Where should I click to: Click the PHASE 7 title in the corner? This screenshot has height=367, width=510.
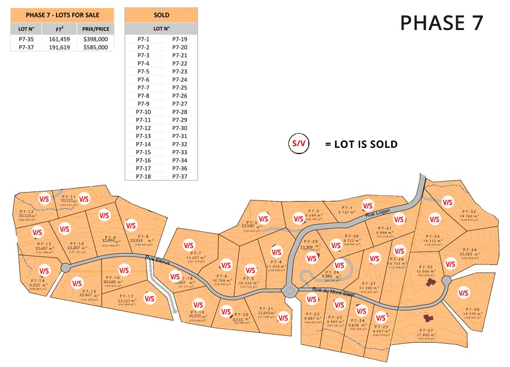pos(441,22)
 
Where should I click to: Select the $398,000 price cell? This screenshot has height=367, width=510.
pos(95,39)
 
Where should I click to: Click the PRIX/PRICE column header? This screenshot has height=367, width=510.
pos(95,28)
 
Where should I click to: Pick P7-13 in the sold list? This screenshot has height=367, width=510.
pos(143,136)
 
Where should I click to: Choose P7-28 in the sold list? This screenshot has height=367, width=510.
pos(180,112)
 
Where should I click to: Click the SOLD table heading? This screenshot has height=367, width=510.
pos(161,15)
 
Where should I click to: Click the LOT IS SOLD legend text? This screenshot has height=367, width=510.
pos(361,144)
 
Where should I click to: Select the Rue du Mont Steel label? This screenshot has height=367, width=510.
pos(334,292)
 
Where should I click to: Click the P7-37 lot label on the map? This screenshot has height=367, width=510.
pos(426,330)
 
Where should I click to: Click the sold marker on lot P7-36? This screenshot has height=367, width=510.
pos(464,292)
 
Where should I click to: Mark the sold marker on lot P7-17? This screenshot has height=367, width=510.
pos(150,298)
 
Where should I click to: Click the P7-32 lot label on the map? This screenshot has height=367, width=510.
pos(469,212)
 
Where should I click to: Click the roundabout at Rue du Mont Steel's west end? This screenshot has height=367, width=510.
pos(290,292)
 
